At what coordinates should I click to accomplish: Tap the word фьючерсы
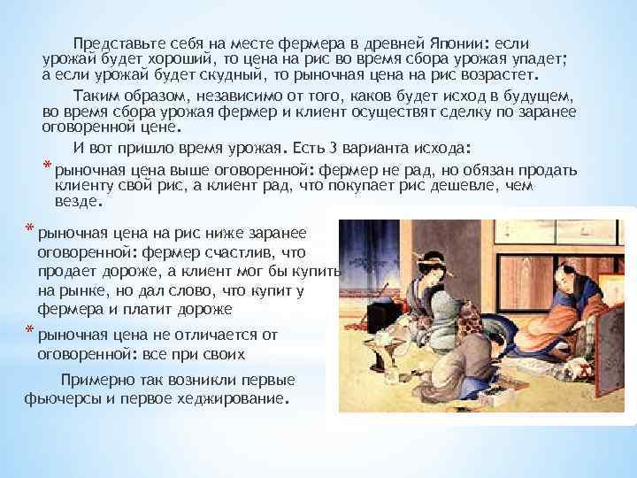pos(61,398)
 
